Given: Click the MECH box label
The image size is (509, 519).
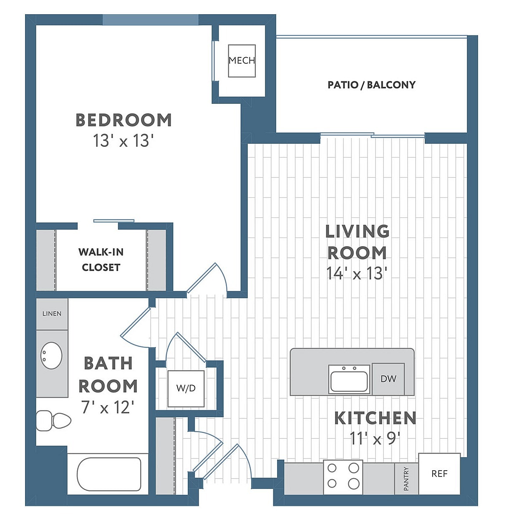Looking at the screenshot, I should tap(242, 60).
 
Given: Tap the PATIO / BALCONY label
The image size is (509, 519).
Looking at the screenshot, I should tap(371, 85).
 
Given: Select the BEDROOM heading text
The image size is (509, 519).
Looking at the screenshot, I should tap(123, 120).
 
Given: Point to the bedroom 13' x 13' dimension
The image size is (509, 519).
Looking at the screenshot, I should tap(123, 141).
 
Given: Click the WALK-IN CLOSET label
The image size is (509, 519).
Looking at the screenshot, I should tap(101, 259).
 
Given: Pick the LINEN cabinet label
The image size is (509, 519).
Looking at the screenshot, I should tap(52, 314).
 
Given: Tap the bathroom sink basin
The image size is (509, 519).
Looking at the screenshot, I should tap(51, 355).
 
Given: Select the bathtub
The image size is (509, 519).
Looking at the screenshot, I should tap(109, 474).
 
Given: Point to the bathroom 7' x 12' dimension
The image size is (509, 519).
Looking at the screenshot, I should tap(108, 407).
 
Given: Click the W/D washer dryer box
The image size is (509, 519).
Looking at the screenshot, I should tap(186, 388).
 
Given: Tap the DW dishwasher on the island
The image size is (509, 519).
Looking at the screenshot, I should tap(388, 379).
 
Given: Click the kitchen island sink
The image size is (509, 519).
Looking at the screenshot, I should tap(349, 380).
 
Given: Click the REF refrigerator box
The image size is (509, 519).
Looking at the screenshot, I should tap(439, 474).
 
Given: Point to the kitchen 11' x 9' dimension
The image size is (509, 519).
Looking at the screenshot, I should tap(375, 438).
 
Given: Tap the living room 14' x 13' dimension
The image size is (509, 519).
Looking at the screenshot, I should tap(357, 273).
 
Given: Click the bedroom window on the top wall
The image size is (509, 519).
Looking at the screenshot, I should tap(150, 20).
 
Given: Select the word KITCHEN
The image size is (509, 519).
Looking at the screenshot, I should tap(375, 418).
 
